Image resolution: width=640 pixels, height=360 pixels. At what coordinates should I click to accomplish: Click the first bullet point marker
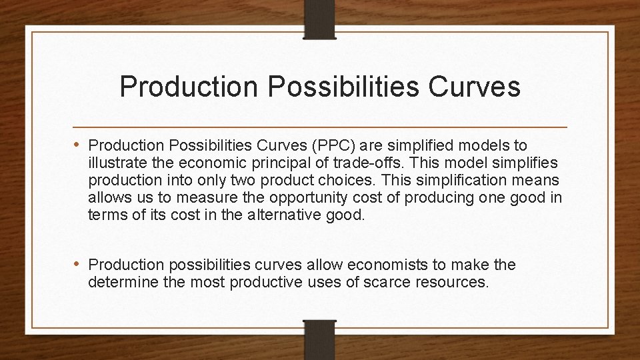pos(79,145)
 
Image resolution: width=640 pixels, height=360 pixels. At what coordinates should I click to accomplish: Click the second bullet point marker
pos(79,265)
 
